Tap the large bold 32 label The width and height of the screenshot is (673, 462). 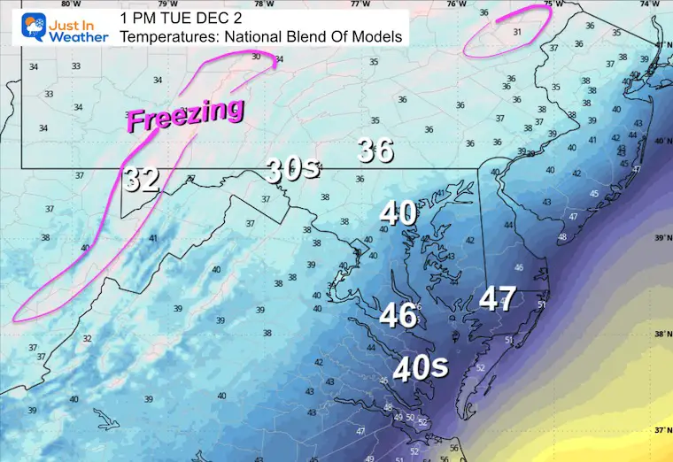[142, 179]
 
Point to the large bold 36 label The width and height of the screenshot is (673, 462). [375, 150]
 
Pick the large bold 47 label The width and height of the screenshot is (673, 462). [498, 299]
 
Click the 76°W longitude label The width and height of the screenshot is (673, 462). [457, 4]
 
